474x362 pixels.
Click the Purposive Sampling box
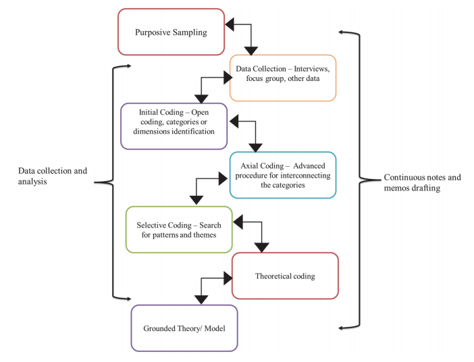171,32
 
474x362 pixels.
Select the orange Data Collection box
282,78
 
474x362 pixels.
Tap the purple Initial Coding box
174,126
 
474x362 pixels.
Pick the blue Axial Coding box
282,175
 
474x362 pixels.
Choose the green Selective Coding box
179,230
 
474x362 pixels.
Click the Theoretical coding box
284,276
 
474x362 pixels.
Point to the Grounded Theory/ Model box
184,328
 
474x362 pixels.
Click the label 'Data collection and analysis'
52,176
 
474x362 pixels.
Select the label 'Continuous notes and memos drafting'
422,182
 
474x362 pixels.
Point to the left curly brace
108,181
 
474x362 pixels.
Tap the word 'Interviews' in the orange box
309,69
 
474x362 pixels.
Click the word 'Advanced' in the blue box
313,166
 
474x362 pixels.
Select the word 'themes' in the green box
202,235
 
